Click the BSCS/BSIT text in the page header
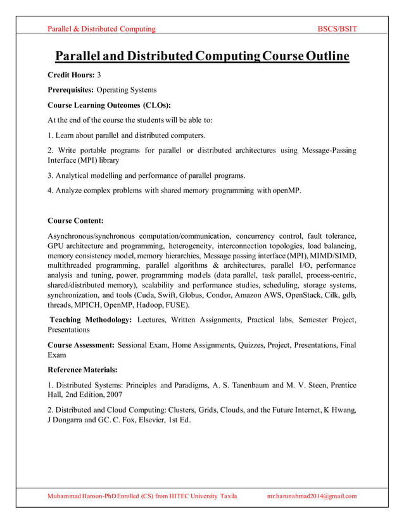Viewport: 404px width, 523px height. click(x=337, y=29)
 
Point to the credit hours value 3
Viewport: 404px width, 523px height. click(x=99, y=75)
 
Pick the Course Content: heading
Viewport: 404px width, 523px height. click(x=75, y=221)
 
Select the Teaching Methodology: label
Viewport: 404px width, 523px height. click(x=91, y=320)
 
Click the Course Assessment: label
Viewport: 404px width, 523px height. click(x=81, y=345)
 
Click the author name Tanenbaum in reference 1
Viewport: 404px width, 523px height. click(x=247, y=385)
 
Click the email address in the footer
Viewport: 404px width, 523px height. click(x=312, y=496)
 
